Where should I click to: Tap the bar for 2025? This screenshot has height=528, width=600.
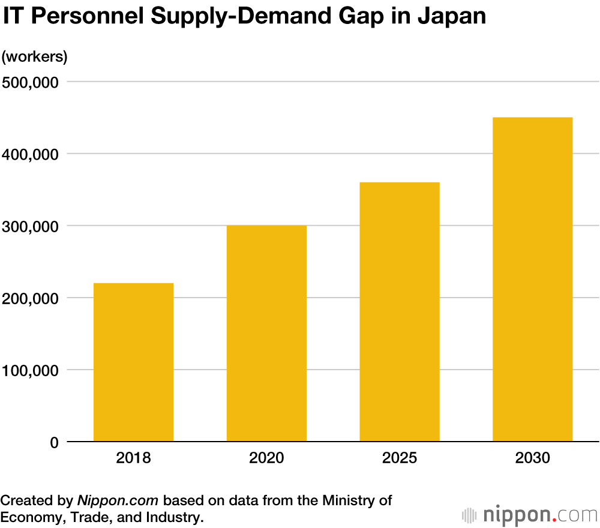400,311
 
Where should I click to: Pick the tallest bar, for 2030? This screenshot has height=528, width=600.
532,279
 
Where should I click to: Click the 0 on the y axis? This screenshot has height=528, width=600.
54,442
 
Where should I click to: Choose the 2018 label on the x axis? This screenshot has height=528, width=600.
133,459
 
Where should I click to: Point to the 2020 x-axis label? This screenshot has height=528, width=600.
266,459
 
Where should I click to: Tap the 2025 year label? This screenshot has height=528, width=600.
400,459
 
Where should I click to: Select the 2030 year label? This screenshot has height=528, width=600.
532,459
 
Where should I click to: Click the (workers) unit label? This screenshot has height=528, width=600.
34,57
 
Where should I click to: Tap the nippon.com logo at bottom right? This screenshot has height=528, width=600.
530,514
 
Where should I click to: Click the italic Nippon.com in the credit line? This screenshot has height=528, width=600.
118,500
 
